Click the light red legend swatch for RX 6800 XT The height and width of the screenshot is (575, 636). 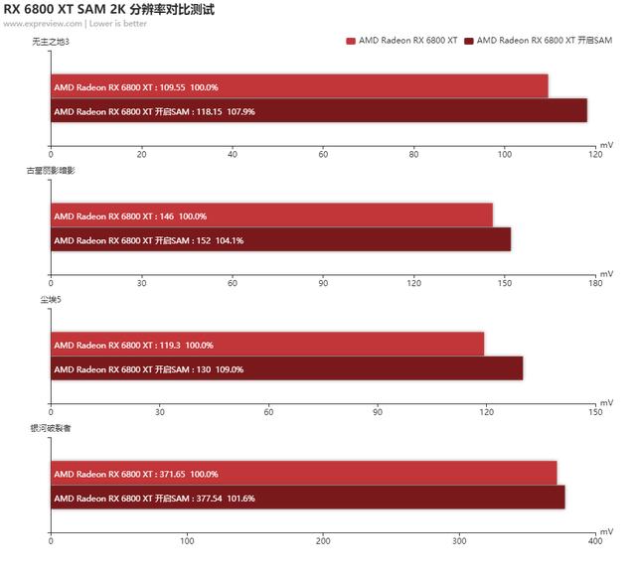click(351, 41)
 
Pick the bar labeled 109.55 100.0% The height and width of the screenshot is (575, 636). click(299, 86)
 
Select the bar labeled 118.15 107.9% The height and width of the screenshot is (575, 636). click(318, 111)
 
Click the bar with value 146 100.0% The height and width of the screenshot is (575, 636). click(271, 216)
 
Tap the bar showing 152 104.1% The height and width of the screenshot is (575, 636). click(280, 240)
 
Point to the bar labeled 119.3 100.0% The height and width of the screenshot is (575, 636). click(267, 345)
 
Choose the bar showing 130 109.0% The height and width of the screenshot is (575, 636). click(286, 369)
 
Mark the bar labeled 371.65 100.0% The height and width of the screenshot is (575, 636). click(303, 474)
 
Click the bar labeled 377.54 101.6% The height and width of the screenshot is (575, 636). click(307, 499)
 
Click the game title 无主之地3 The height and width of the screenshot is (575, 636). click(50, 41)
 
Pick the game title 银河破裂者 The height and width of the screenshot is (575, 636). click(51, 428)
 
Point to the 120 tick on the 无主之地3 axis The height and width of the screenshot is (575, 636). click(594, 154)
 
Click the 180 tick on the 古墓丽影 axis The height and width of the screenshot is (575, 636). click(594, 283)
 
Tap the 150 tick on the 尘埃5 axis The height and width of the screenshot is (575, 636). click(594, 412)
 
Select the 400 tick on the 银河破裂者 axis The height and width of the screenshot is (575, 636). click(594, 541)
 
